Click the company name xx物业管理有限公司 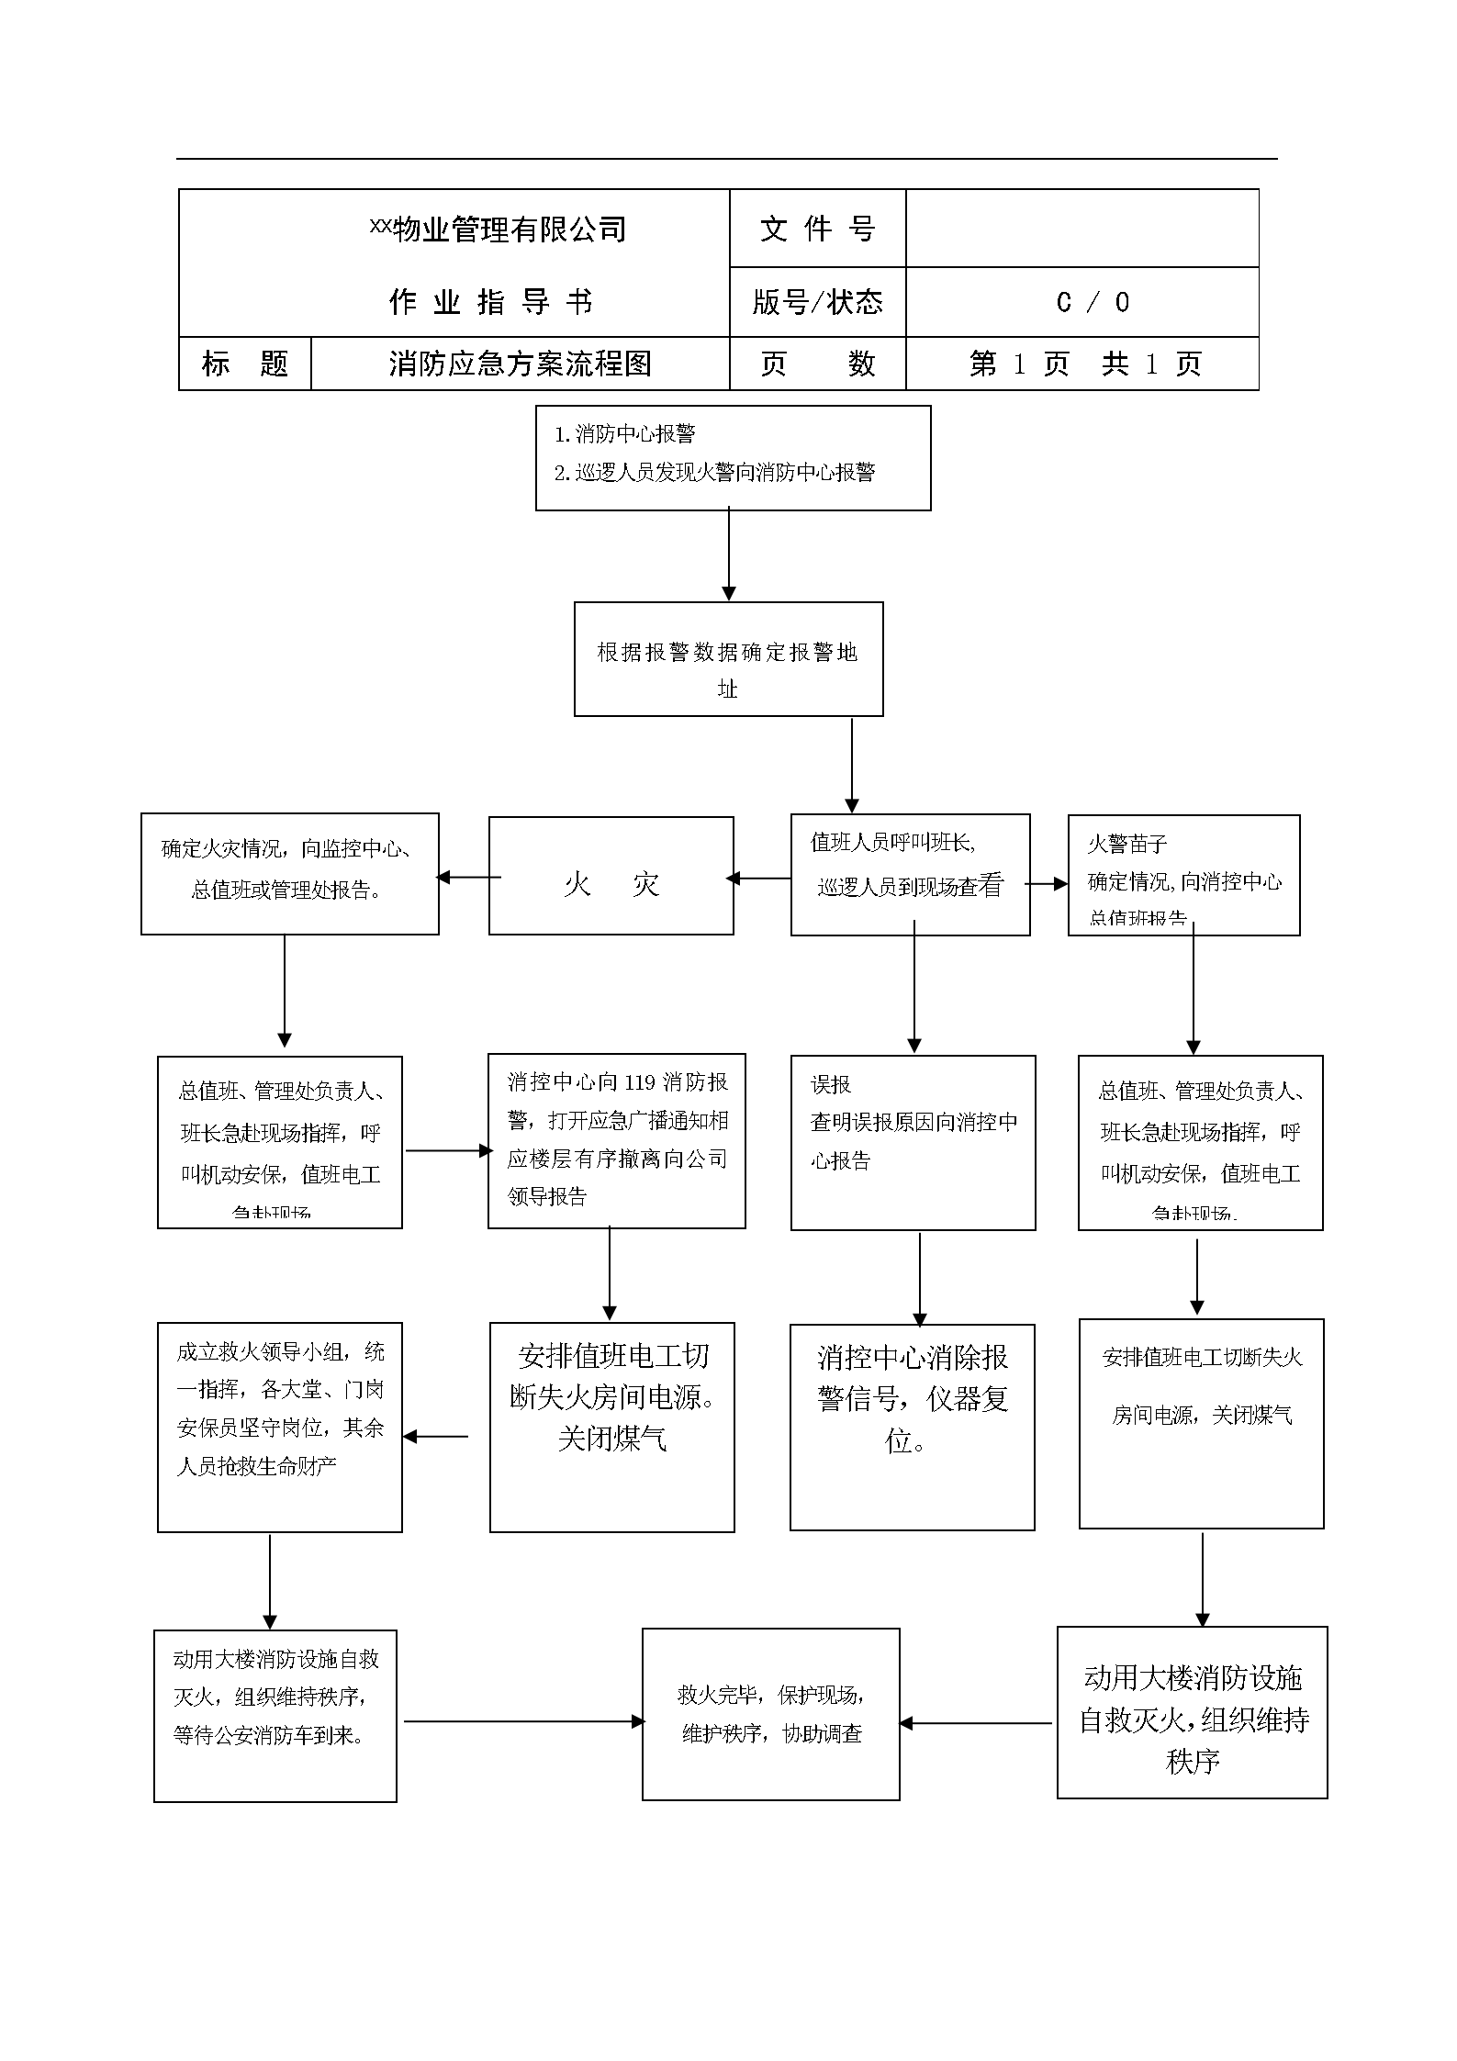498,229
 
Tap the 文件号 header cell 817,229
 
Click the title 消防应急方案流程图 520,364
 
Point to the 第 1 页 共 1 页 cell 1082,364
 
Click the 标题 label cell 244,364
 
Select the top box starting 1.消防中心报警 733,457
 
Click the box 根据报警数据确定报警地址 728,658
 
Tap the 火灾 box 611,875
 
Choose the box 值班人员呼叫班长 910,874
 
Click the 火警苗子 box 1183,874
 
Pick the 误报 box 913,1141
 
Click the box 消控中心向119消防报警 616,1140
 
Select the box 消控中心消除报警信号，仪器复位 912,1426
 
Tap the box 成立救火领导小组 279,1426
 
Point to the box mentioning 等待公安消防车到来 275,1715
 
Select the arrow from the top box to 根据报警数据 728,554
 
